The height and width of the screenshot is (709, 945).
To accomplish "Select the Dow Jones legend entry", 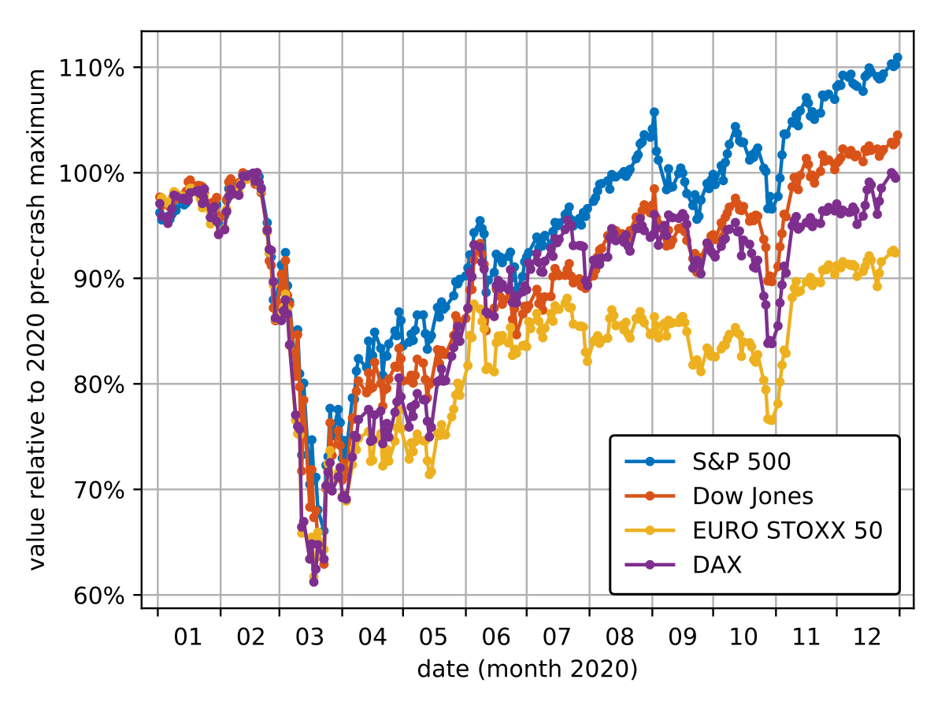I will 753,496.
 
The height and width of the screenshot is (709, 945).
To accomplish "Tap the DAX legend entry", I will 717,566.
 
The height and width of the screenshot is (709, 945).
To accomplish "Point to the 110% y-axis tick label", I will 91,68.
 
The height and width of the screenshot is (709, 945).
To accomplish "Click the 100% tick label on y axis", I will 91,173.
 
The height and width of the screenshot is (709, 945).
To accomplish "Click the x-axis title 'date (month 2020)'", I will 527,670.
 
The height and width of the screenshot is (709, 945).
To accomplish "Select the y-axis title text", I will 36,319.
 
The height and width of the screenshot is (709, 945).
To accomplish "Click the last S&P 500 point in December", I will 898,58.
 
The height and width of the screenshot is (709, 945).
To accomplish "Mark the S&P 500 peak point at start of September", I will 654,112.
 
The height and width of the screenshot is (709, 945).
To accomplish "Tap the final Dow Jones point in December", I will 898,135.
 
